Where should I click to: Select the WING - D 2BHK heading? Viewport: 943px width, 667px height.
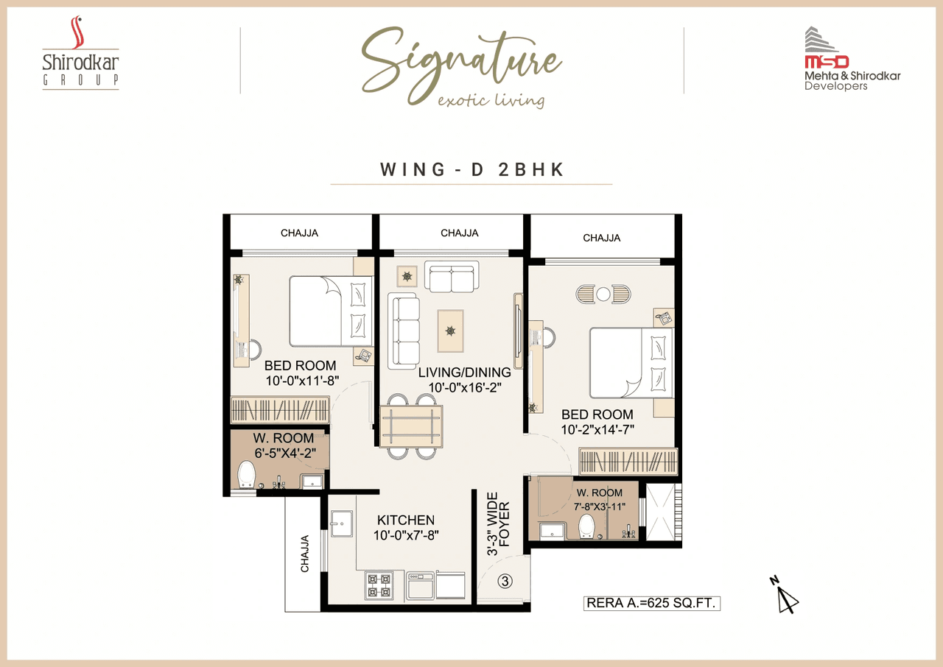pyautogui.click(x=471, y=169)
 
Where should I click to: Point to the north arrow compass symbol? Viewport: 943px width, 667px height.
pyautogui.click(x=786, y=595)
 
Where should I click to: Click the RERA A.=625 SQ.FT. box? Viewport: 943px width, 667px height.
pyautogui.click(x=651, y=603)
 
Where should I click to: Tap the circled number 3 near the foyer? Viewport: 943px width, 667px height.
pyautogui.click(x=505, y=581)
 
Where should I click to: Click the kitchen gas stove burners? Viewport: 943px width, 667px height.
pyautogui.click(x=379, y=585)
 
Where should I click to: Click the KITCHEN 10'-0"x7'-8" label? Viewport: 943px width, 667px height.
pyautogui.click(x=405, y=528)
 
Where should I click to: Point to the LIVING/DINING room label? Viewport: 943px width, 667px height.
pyautogui.click(x=464, y=373)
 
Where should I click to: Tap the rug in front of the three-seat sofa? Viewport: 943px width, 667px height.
pyautogui.click(x=450, y=331)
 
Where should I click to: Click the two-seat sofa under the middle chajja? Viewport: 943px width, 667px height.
pyautogui.click(x=452, y=277)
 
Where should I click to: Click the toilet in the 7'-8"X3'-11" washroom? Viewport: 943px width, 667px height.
pyautogui.click(x=587, y=526)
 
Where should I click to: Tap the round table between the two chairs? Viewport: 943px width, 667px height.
pyautogui.click(x=603, y=294)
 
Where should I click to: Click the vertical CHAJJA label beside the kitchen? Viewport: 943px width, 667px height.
pyautogui.click(x=304, y=554)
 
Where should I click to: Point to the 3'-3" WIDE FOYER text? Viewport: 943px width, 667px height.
pyautogui.click(x=498, y=523)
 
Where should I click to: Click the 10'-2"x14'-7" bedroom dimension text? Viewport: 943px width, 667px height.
pyautogui.click(x=597, y=429)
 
